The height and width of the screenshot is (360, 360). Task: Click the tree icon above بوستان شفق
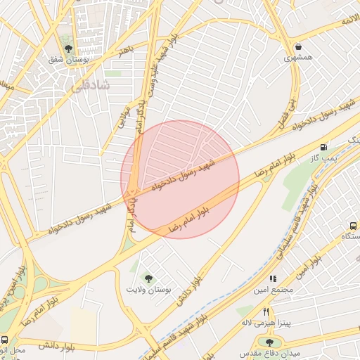point(68,49)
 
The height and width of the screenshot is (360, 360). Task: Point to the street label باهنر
point(125,50)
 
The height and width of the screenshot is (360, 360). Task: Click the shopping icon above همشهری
point(300,47)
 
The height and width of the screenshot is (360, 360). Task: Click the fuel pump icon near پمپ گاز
point(323,148)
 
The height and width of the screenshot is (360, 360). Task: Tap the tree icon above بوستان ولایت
point(148,278)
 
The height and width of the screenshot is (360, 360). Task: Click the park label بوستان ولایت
point(148,289)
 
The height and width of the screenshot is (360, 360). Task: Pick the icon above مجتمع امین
point(273,278)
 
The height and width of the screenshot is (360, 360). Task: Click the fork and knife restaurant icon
point(266,311)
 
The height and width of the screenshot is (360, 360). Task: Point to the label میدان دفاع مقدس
point(269,352)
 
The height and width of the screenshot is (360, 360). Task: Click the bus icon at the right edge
point(353,226)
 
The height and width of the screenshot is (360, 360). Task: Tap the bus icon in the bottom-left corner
point(5,340)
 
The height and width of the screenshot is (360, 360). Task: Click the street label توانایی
point(121,116)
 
